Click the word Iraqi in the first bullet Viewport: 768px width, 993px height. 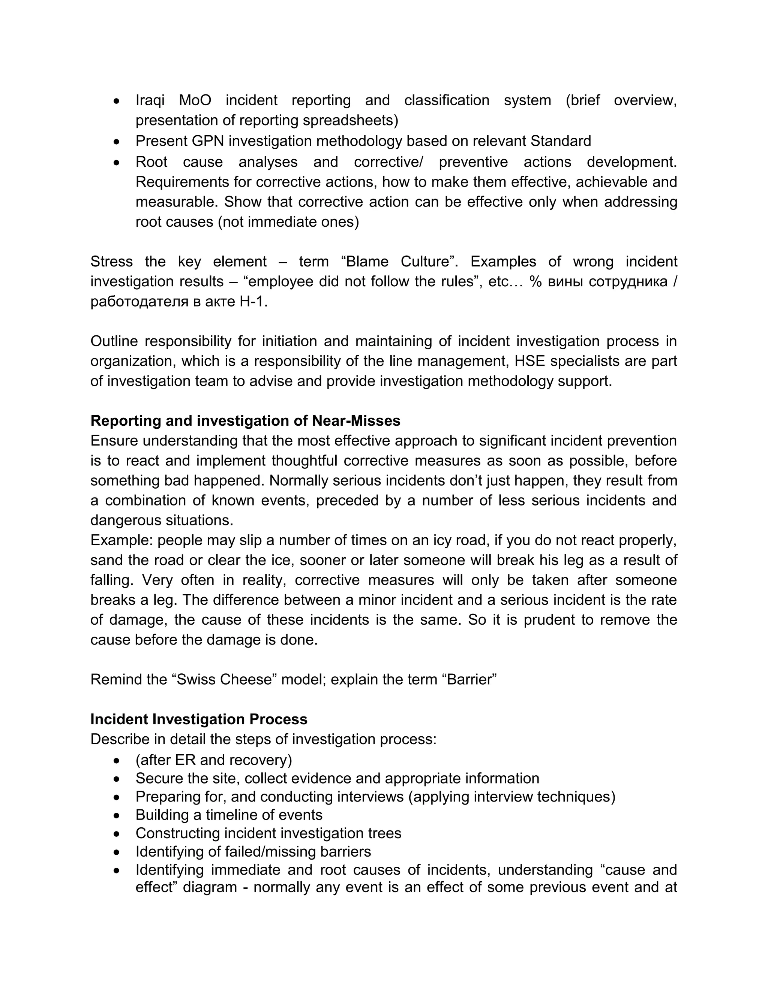(x=150, y=100)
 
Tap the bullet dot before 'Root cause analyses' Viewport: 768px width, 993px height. (x=117, y=162)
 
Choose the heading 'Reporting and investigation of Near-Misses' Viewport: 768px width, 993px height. (x=245, y=421)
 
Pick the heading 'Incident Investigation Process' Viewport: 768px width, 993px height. (x=199, y=720)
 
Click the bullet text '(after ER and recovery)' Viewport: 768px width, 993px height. (x=214, y=760)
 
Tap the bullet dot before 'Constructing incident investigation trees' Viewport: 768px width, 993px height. (x=117, y=834)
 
